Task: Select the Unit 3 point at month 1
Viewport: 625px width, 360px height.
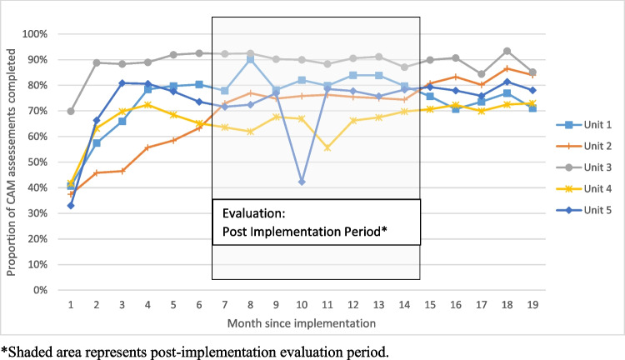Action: pos(71,111)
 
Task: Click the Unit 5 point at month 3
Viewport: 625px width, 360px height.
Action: pos(122,83)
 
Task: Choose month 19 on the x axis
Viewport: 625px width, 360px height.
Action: pos(532,305)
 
